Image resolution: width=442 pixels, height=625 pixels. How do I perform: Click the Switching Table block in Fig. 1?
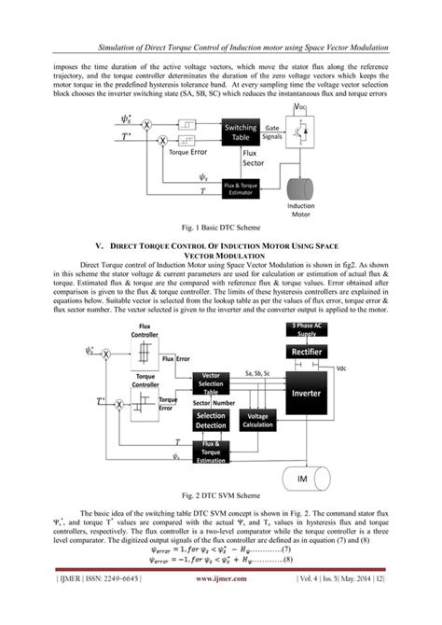click(x=240, y=132)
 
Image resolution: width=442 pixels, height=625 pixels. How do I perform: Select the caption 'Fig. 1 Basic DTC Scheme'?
click(x=221, y=229)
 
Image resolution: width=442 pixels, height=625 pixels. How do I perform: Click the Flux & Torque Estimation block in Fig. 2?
click(x=212, y=452)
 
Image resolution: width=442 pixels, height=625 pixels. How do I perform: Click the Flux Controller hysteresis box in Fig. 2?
click(x=145, y=353)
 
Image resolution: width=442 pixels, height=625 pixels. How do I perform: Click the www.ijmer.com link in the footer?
click(x=221, y=604)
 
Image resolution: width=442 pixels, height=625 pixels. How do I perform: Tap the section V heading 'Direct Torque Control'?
click(x=221, y=246)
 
